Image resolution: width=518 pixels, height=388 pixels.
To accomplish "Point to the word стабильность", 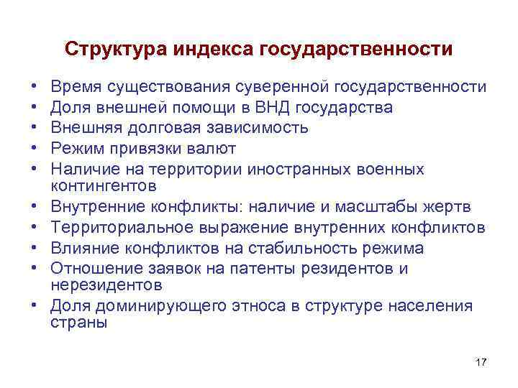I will (301, 249).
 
